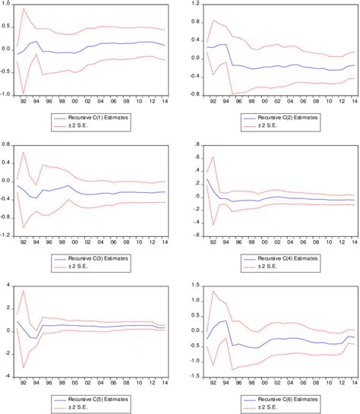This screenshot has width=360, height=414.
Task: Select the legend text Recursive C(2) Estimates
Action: [282, 118]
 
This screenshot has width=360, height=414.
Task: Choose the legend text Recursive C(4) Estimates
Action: [282, 259]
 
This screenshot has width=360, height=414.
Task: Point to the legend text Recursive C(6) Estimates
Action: [282, 399]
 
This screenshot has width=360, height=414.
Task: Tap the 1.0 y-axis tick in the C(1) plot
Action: [8, 5]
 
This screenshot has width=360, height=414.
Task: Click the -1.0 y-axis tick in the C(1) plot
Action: [6, 94]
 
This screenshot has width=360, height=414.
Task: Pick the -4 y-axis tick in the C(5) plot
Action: [8, 375]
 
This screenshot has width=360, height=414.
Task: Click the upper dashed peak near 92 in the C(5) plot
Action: [24, 291]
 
